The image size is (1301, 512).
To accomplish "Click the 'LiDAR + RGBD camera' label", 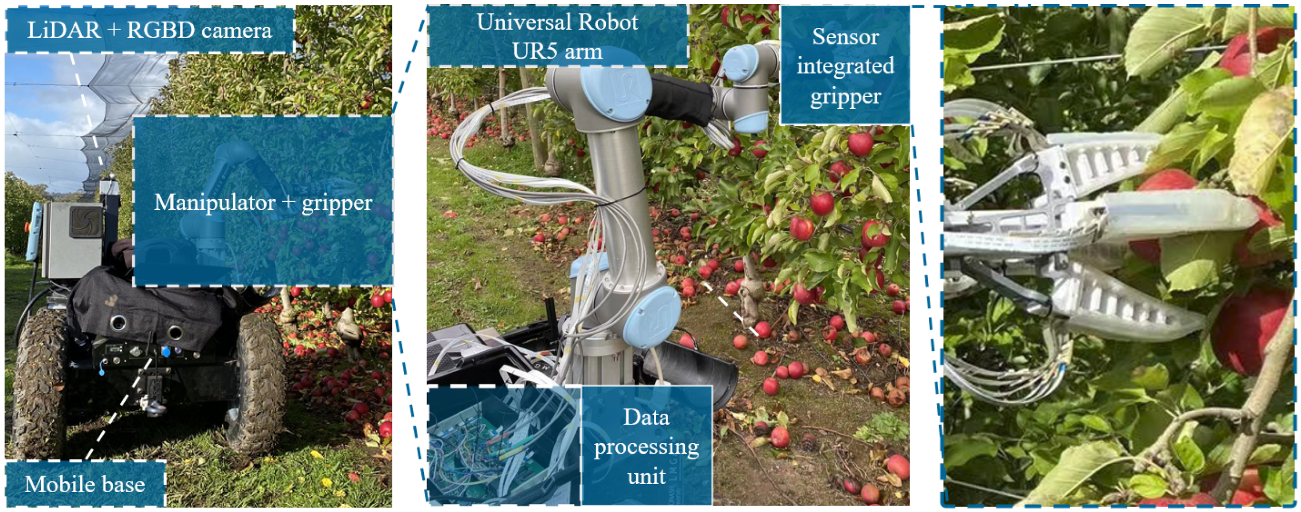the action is coord(150,30).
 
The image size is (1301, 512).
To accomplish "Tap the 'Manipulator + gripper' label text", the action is coord(263,202).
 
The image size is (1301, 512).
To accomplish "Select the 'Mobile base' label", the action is coord(85,484).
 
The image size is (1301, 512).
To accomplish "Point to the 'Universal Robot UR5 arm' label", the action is coord(557,36).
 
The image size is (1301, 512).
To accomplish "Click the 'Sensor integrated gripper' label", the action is coord(845,66).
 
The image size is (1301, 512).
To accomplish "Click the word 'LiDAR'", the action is coord(64,30).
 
